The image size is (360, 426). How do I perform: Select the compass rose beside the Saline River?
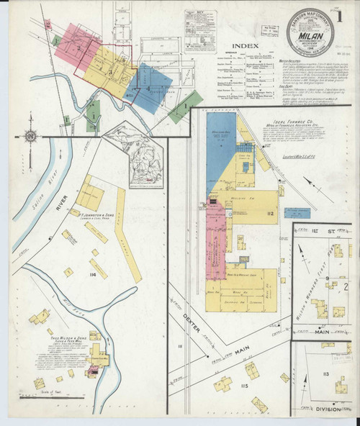(30, 135)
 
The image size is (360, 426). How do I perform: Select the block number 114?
(91, 275)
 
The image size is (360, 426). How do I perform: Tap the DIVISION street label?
(328, 409)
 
